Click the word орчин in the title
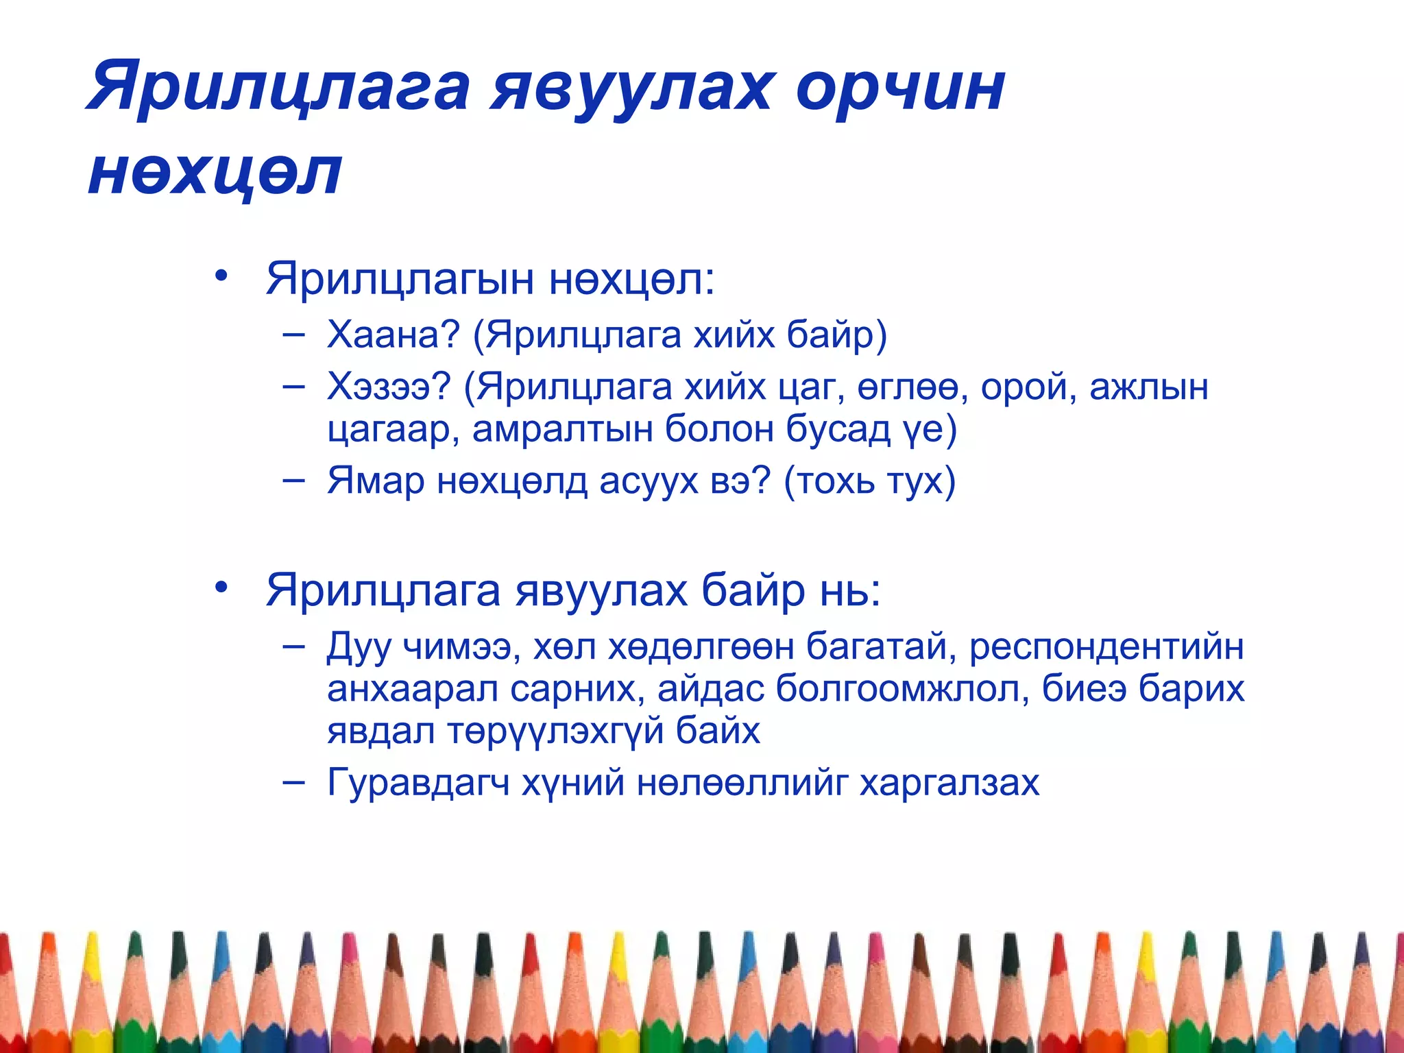click(900, 88)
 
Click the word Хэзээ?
click(389, 387)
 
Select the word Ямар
click(376, 481)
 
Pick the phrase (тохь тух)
click(869, 481)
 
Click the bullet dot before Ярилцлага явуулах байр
click(220, 588)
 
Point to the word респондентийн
click(1106, 646)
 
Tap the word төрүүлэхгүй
click(555, 731)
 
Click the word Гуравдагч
click(418, 782)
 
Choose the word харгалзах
click(949, 782)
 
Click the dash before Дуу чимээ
click(293, 646)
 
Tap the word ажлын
click(1148, 388)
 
